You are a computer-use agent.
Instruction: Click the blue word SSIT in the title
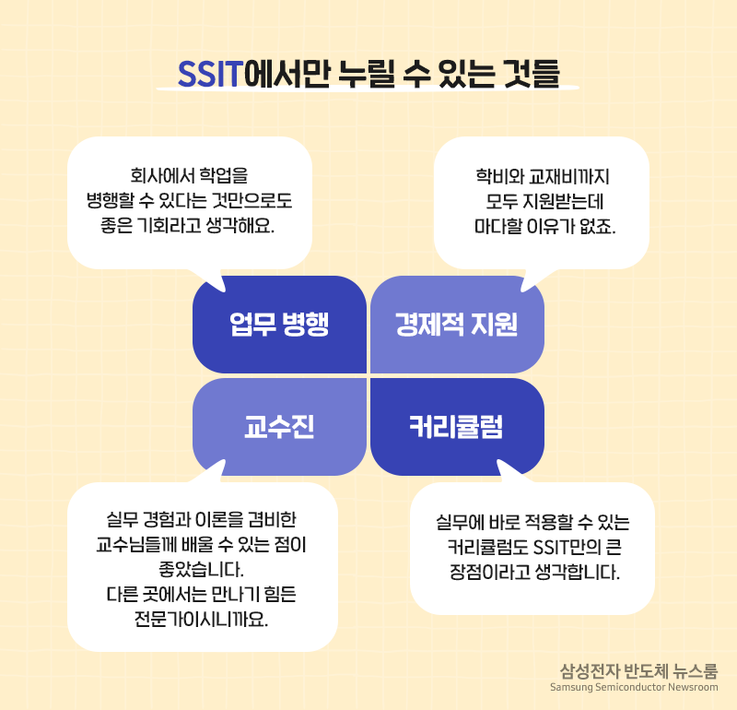point(210,75)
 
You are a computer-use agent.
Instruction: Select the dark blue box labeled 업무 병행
point(279,325)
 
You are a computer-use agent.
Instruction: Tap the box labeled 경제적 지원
point(457,325)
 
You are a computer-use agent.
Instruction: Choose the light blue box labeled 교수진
point(279,427)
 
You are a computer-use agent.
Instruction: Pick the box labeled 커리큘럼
point(457,427)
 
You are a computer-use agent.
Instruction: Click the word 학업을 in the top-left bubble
point(224,175)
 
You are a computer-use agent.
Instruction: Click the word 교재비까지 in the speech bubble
point(568,177)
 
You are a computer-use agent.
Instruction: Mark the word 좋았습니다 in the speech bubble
point(201,569)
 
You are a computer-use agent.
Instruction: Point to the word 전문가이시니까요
point(201,620)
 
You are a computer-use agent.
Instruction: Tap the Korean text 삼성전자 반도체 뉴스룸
point(638,671)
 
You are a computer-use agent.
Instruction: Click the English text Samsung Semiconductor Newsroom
point(634,687)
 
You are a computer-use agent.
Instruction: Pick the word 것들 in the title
point(532,74)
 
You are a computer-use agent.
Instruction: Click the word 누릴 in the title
point(367,74)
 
